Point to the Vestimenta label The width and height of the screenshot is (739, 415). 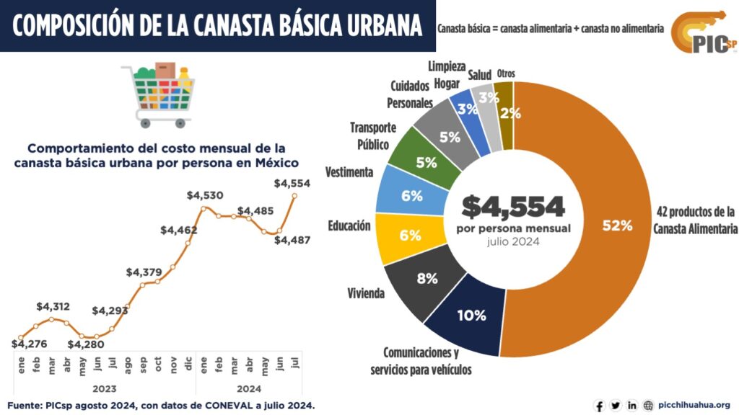[x=349, y=173]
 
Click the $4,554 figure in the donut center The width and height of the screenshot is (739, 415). [x=513, y=207]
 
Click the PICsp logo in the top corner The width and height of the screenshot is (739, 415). [x=704, y=32]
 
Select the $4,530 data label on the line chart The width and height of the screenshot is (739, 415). [x=204, y=195]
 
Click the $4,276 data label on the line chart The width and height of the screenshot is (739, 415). [x=30, y=344]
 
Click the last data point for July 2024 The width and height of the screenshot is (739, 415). [x=294, y=195]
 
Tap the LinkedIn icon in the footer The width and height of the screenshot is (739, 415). [x=631, y=406]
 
